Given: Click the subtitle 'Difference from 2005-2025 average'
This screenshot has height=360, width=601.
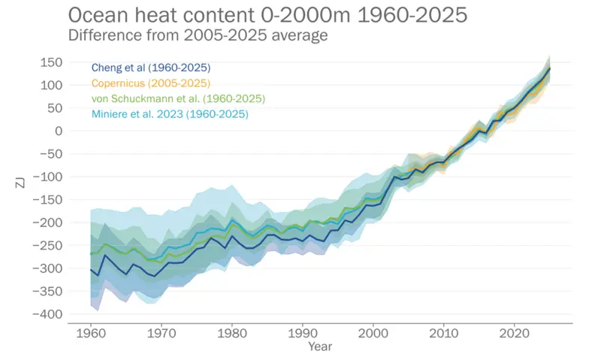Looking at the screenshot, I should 198,35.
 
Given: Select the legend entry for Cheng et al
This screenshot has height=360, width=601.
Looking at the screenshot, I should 151,68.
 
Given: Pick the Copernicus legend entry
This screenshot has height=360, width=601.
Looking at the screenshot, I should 150,83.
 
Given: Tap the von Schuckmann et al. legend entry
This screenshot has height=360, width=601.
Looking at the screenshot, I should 178,98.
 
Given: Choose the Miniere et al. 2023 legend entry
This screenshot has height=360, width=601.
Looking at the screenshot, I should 170,114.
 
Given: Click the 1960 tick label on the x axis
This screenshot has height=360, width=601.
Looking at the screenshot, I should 90,332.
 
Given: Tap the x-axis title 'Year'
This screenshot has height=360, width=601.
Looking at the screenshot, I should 319,346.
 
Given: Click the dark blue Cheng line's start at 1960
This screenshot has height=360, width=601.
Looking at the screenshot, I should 90,269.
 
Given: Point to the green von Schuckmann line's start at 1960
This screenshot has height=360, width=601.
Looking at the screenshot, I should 90,254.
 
